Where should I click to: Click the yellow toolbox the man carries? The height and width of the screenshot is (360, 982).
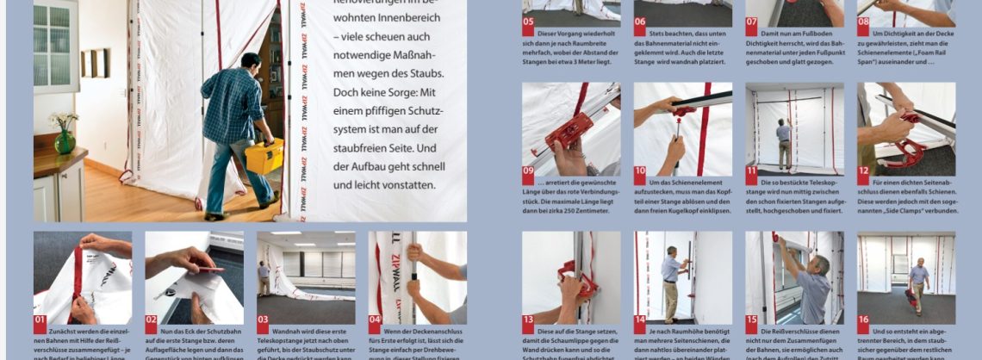264,155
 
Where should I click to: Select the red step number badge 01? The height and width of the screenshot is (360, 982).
40,325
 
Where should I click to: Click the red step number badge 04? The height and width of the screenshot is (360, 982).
376,325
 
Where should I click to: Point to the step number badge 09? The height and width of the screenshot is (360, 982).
529,170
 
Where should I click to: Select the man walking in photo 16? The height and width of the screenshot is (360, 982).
918,282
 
